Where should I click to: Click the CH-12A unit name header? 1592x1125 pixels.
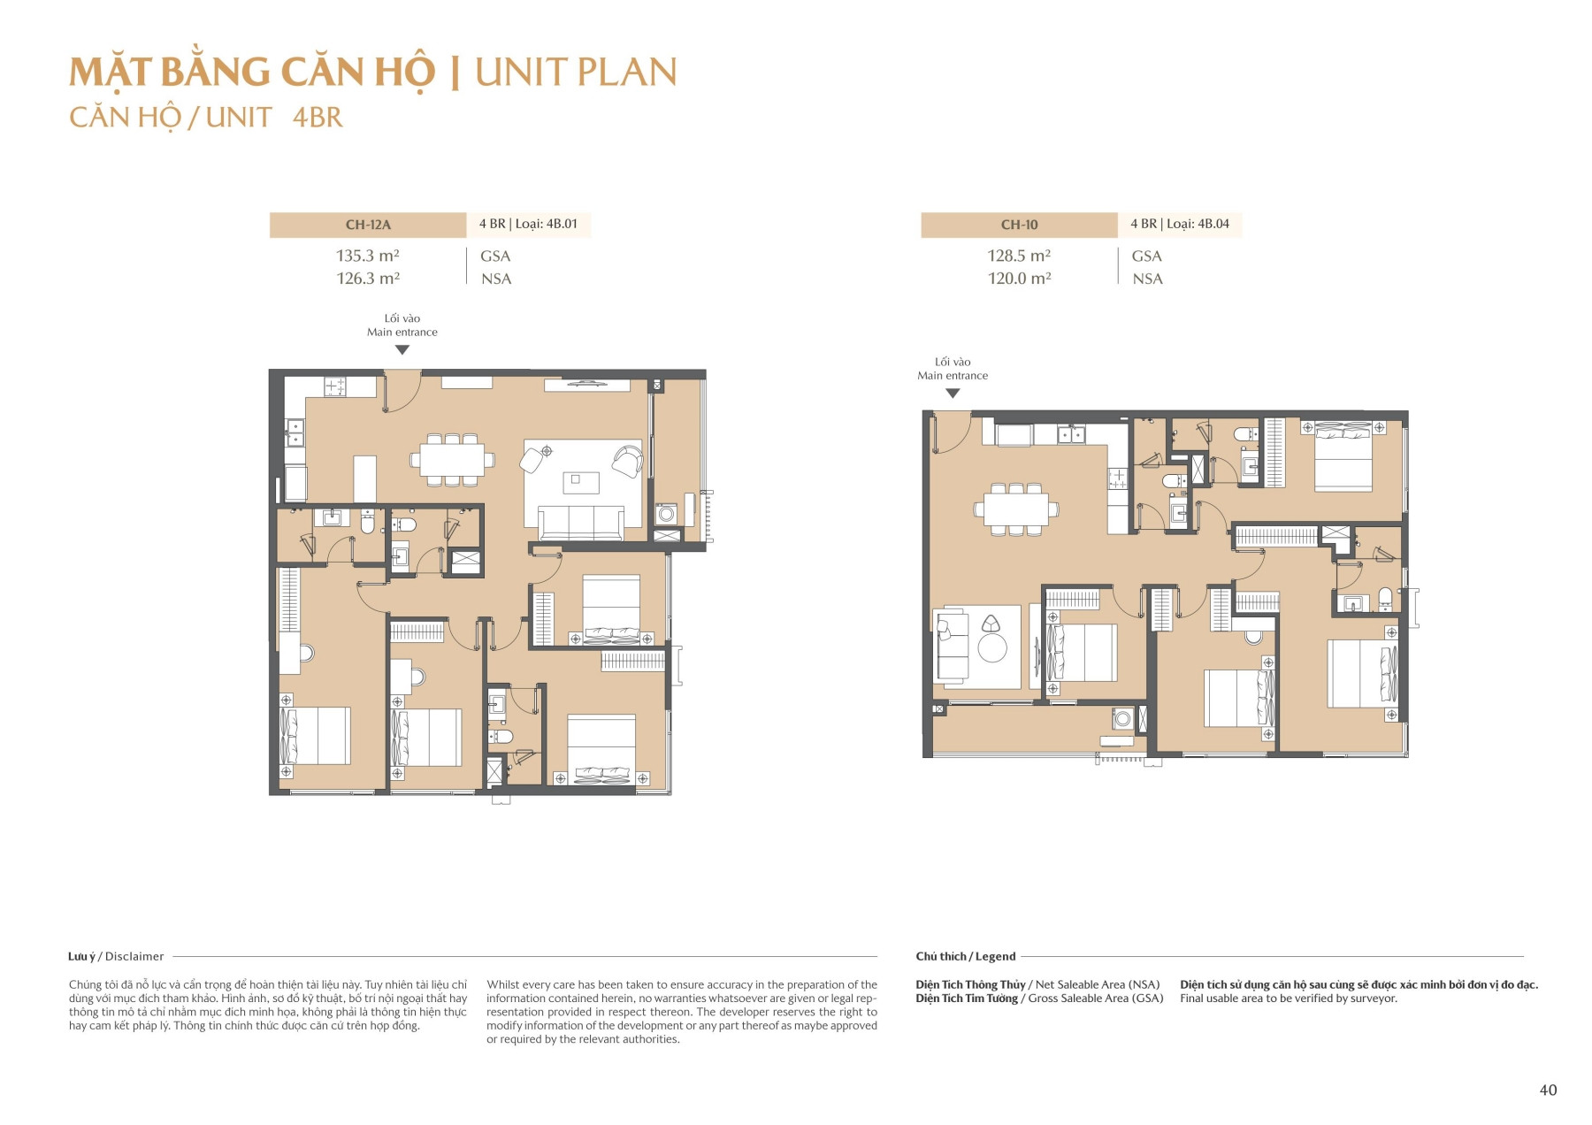[x=368, y=225]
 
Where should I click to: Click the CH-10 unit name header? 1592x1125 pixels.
[x=1019, y=225]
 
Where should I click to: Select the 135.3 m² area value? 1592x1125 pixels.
[x=368, y=256]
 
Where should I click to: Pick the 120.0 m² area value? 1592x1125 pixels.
[x=1019, y=279]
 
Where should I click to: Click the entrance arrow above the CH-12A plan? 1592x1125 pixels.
[x=402, y=350]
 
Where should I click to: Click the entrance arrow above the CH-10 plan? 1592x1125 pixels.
[x=953, y=394]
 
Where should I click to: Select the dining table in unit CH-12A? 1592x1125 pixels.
[x=452, y=460]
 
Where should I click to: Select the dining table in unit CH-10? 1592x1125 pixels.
[x=1015, y=509]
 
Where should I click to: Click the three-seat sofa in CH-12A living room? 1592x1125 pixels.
[x=581, y=522]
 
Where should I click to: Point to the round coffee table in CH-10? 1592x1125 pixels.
[x=992, y=648]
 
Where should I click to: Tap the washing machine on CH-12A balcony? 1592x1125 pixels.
[x=666, y=514]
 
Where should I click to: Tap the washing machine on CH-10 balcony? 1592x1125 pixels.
[x=1123, y=718]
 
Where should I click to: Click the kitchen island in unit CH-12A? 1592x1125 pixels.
[x=364, y=478]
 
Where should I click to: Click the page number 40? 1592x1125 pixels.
[x=1548, y=1090]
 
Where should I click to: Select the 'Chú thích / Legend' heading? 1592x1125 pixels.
[x=965, y=956]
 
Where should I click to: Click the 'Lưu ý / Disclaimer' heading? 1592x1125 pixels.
[x=116, y=956]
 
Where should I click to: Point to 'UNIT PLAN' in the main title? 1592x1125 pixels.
[x=575, y=73]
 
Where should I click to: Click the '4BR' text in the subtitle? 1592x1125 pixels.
[x=318, y=118]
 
